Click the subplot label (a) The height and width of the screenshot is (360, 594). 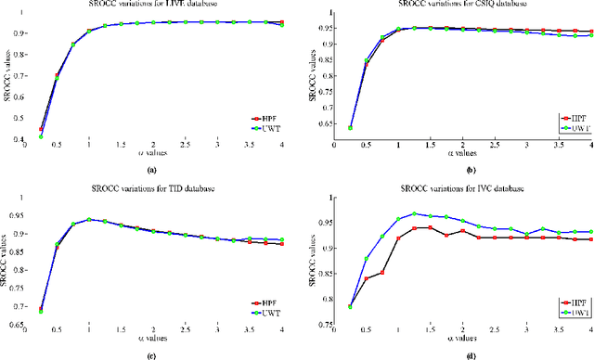pos(152,172)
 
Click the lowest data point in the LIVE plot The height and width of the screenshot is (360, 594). pos(40,136)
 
